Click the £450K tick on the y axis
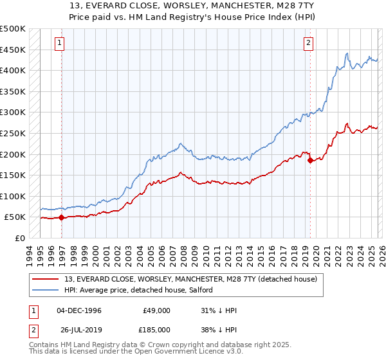(13, 50)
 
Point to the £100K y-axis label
(13, 196)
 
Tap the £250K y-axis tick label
(13, 133)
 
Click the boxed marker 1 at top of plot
(59, 43)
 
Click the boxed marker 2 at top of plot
(308, 43)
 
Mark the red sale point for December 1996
(62, 218)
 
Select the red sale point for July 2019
(310, 161)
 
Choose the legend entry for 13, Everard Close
(190, 279)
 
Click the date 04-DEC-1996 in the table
(79, 310)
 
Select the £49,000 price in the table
(156, 310)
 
